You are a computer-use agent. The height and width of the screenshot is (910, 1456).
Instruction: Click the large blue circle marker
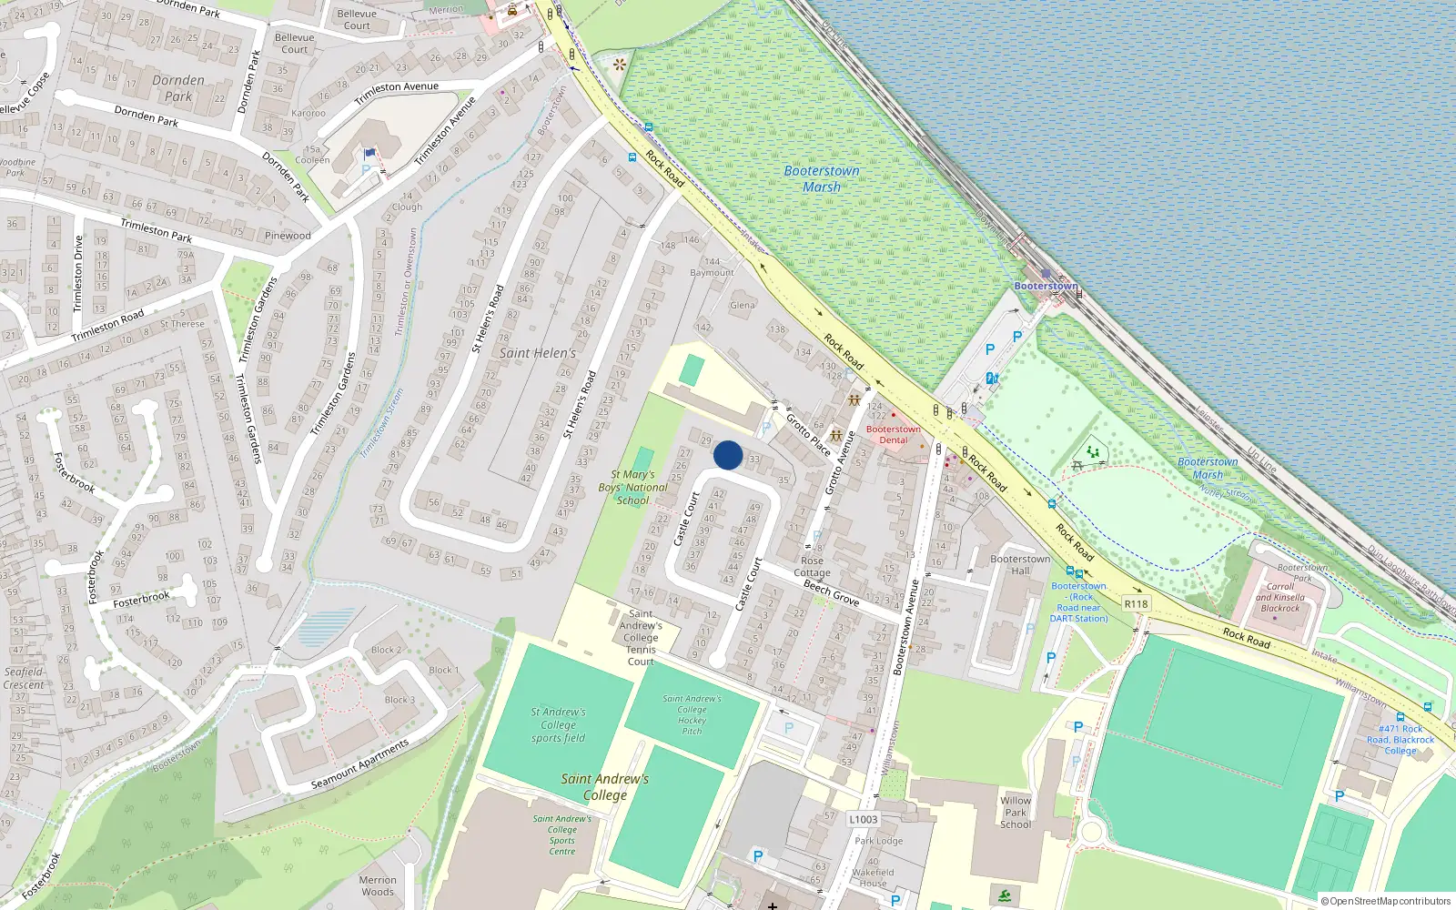pos(728,455)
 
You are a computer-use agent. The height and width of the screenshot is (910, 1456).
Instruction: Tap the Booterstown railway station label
pos(1046,286)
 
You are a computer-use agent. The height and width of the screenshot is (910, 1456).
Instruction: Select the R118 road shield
pos(1136,603)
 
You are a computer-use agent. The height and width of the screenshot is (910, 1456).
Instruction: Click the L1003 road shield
pos(863,819)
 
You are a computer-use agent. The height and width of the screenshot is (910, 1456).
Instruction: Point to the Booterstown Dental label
pos(893,434)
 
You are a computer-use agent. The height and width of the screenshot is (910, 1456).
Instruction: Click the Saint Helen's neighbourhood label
pos(538,353)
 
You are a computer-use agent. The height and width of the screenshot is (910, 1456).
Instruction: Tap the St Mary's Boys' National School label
pos(633,487)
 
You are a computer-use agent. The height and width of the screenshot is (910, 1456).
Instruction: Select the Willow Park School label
pos(1016,813)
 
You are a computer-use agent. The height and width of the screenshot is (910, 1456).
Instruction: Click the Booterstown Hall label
pos(1020,564)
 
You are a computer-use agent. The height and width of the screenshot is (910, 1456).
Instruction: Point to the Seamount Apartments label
pos(359,765)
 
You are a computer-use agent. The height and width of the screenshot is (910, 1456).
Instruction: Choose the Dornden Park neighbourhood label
pos(178,88)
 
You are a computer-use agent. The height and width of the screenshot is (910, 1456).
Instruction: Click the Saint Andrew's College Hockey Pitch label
pos(692,714)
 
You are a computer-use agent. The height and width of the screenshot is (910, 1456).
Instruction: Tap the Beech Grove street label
pos(831,592)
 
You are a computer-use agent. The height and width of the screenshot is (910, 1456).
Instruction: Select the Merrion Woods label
pos(378,885)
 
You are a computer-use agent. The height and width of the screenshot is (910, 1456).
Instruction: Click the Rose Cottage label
pos(812,567)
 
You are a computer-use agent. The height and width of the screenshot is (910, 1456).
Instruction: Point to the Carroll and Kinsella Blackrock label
pos(1280,597)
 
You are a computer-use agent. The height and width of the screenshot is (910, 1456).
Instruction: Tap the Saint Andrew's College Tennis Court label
pos(641,637)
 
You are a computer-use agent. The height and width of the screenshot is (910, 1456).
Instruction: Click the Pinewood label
pos(288,236)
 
